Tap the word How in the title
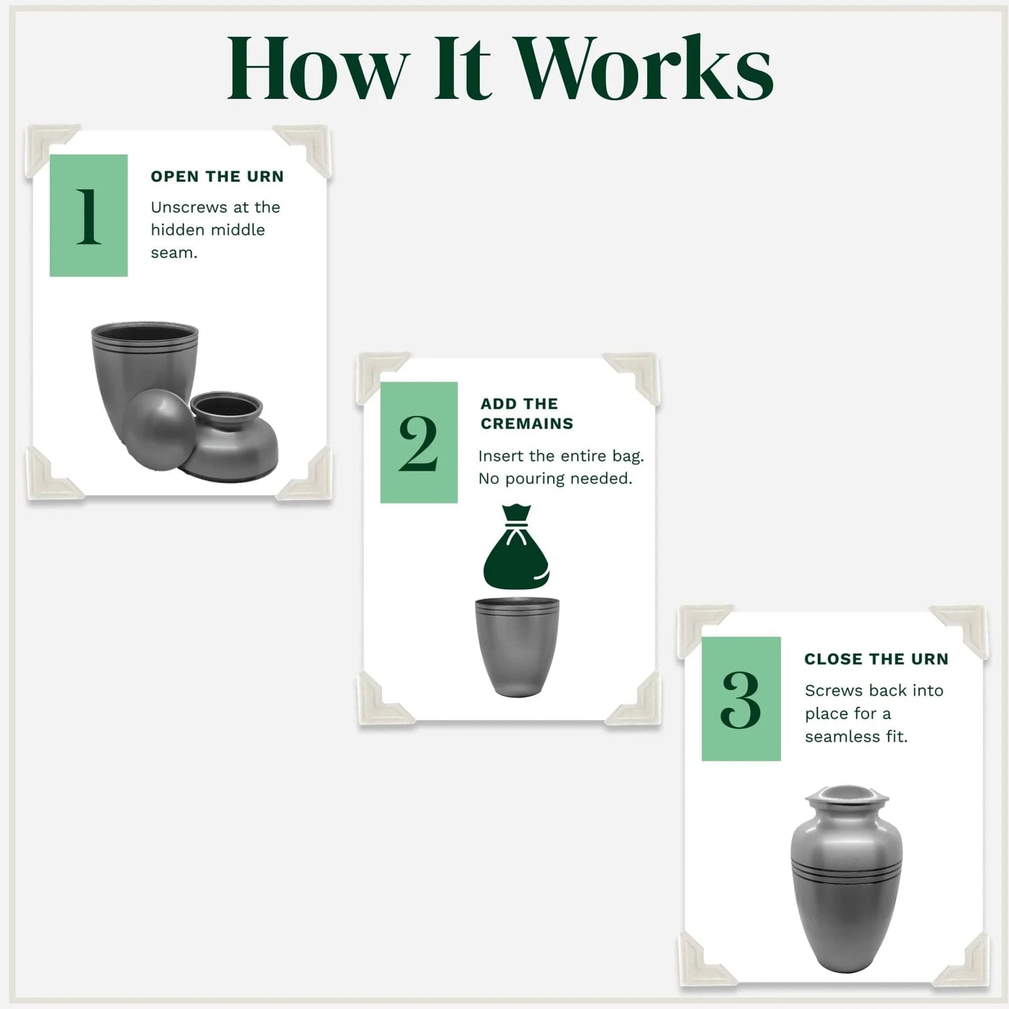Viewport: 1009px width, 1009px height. (x=319, y=68)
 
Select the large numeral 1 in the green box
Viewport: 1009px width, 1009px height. (x=89, y=216)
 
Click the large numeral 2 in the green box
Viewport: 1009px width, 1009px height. (x=418, y=443)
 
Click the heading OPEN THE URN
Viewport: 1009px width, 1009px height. (x=217, y=177)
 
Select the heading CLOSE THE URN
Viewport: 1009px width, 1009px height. (x=876, y=658)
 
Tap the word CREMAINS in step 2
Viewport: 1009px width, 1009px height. (x=526, y=423)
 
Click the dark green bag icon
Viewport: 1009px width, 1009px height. (x=516, y=547)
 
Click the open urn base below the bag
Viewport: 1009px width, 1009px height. (x=517, y=647)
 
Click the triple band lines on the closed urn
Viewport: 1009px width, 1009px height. (x=847, y=869)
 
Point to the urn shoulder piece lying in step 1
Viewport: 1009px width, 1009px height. (x=230, y=436)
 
